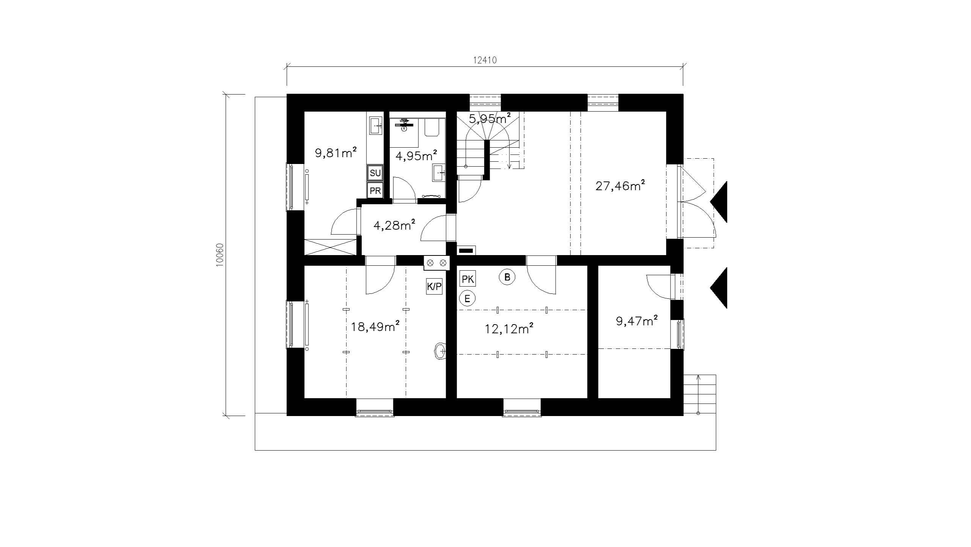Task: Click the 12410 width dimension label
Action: (x=485, y=60)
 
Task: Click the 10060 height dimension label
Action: (x=220, y=255)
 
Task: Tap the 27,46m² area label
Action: (x=621, y=186)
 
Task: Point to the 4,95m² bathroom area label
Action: (x=416, y=155)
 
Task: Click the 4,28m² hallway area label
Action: (x=394, y=225)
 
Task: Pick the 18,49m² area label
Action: (x=375, y=326)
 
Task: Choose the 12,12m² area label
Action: (x=509, y=328)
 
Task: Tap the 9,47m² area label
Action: (x=637, y=321)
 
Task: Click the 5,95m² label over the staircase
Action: (x=490, y=118)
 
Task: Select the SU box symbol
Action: (x=375, y=173)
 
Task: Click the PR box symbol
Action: (x=375, y=191)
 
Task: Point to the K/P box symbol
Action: (x=434, y=287)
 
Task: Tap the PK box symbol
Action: (x=468, y=279)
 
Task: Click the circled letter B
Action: (x=507, y=277)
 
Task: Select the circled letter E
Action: (x=467, y=299)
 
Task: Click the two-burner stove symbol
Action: (x=437, y=263)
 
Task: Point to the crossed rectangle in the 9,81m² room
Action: (x=331, y=247)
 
